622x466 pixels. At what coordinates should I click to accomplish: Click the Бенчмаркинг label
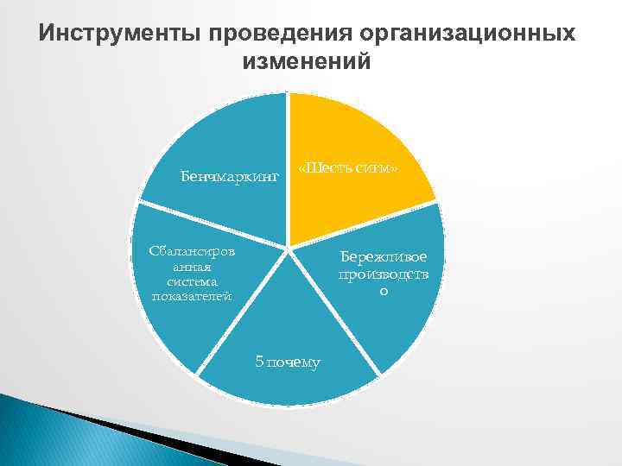point(230,176)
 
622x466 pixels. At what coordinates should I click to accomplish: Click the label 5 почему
point(288,362)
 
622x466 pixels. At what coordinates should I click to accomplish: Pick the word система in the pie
point(192,281)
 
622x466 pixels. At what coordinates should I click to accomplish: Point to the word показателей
point(192,296)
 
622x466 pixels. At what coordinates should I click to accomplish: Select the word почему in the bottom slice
point(295,362)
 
